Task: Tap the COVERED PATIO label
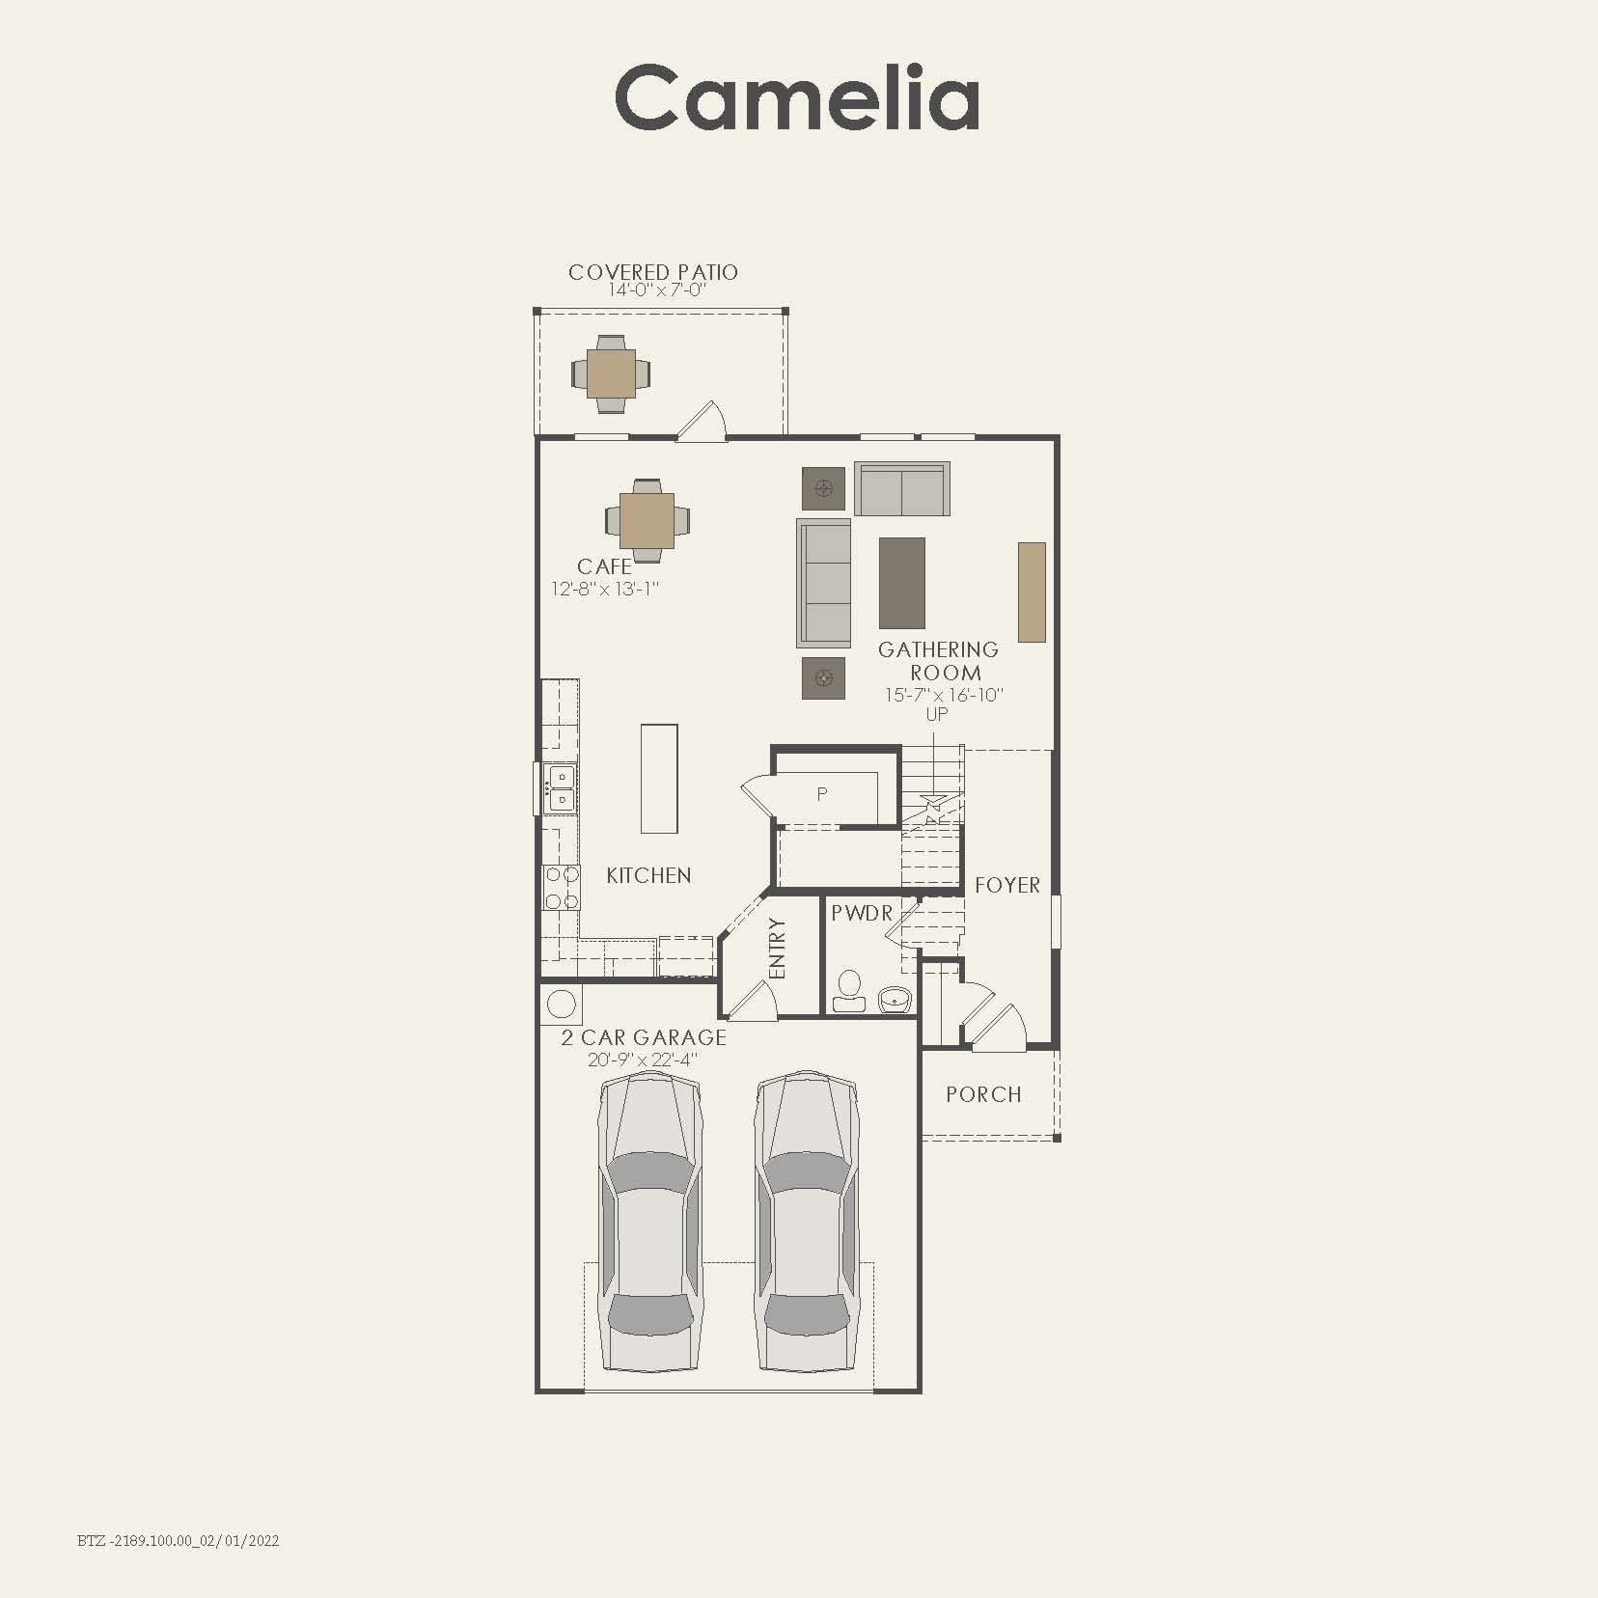pos(653,272)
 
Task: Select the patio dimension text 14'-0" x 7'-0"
pos(657,290)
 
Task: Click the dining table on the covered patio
pos(611,373)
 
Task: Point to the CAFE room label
pos(605,566)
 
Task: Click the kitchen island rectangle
pos(659,778)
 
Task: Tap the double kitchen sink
pos(560,787)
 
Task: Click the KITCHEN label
pos(648,875)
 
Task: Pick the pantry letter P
pos(822,794)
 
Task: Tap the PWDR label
pos(862,912)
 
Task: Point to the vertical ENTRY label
pos(779,947)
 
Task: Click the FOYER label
pos(1006,885)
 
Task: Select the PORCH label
pos(983,1094)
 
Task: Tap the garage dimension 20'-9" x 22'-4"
pos(643,1060)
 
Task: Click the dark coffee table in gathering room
pos(901,583)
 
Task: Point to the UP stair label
pos(937,714)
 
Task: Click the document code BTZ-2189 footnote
pos(178,1540)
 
